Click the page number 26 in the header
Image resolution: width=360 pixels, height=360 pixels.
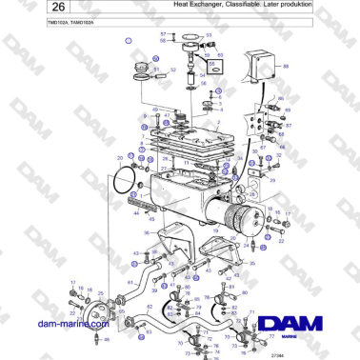pyautogui.click(x=25, y=10)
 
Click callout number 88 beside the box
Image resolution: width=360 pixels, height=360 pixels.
pyautogui.click(x=287, y=67)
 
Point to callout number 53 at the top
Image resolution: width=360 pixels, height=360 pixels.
pyautogui.click(x=209, y=35)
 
